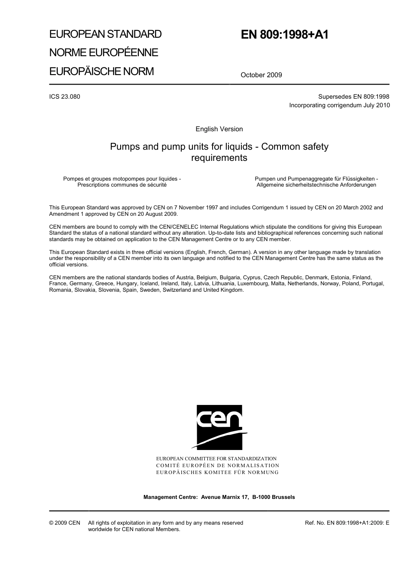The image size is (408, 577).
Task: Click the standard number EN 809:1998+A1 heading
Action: pos(284,35)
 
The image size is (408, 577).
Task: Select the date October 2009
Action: pos(261,75)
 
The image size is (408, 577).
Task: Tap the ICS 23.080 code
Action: pos(65,97)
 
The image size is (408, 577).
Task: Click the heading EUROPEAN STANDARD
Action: pos(105,34)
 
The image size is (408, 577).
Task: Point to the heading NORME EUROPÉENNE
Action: pos(104,53)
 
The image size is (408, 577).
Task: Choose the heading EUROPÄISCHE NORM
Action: pos(101,71)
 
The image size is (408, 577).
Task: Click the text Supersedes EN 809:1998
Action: pos(353,97)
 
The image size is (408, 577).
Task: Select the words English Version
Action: pos(219,129)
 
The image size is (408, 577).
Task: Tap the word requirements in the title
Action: pos(219,158)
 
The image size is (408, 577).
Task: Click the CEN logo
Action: pos(219,427)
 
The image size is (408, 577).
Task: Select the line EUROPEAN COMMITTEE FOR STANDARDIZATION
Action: pos(216,459)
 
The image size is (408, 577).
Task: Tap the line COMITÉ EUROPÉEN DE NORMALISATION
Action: pos(218,465)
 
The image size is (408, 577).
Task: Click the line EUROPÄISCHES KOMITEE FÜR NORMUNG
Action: pos(217,472)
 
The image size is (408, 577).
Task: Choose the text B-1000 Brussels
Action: pos(274,497)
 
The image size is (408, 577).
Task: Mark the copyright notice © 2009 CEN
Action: pos(65,523)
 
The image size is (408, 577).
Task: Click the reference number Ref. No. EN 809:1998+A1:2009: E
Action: pos(347,523)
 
